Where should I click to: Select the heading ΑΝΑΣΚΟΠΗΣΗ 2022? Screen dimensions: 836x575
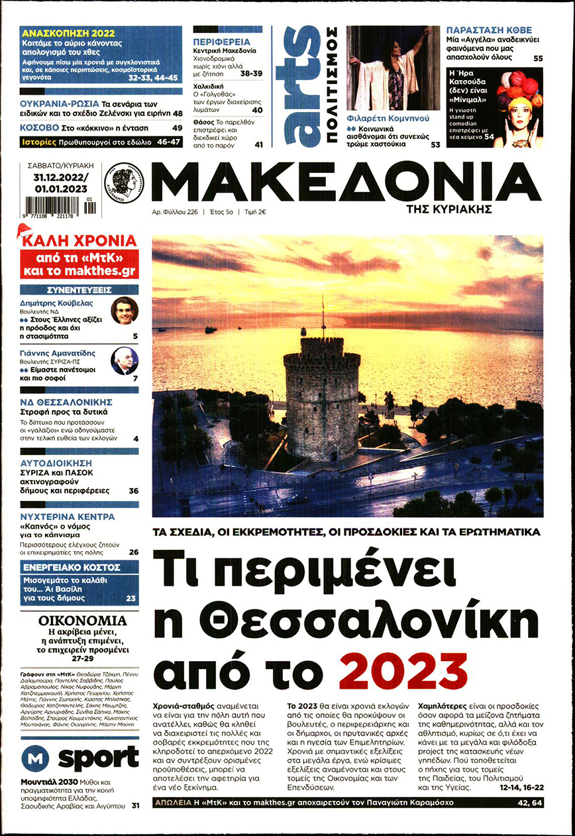coord(68,33)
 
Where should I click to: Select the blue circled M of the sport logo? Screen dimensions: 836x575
coord(36,757)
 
